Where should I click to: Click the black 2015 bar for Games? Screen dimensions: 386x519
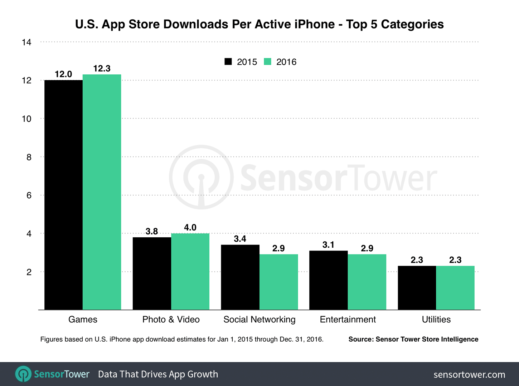pyautogui.click(x=63, y=195)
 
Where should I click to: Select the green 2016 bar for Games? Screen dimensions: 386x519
pyautogui.click(x=102, y=192)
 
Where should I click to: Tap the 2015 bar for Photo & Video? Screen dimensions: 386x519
pyautogui.click(x=152, y=273)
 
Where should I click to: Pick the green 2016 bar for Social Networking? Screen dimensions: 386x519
pyautogui.click(x=278, y=282)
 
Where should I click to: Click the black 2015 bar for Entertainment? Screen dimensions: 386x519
pyautogui.click(x=329, y=280)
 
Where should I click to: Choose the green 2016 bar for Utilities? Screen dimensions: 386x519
pyautogui.click(x=455, y=288)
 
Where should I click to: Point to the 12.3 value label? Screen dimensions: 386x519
pyautogui.click(x=102, y=68)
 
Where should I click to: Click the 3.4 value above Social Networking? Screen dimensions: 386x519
pyautogui.click(x=240, y=239)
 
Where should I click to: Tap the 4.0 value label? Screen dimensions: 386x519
pyautogui.click(x=190, y=228)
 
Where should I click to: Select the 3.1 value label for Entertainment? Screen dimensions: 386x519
pyautogui.click(x=328, y=245)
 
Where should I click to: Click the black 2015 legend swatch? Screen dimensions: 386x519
pyautogui.click(x=228, y=61)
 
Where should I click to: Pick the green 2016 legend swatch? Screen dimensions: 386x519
pyautogui.click(x=267, y=61)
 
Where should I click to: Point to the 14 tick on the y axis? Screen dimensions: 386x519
pyautogui.click(x=26, y=42)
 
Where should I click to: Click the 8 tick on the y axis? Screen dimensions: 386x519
pyautogui.click(x=29, y=157)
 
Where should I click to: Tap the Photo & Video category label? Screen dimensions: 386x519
pyautogui.click(x=171, y=320)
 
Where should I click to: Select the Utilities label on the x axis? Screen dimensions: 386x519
pyautogui.click(x=436, y=320)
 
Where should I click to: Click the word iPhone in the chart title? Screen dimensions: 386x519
pyautogui.click(x=315, y=24)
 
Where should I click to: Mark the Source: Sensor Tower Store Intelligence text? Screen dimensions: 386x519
pyautogui.click(x=413, y=339)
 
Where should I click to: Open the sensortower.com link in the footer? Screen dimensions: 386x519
pyautogui.click(x=469, y=375)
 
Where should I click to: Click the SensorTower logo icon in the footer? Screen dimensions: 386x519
pyautogui.click(x=23, y=374)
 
